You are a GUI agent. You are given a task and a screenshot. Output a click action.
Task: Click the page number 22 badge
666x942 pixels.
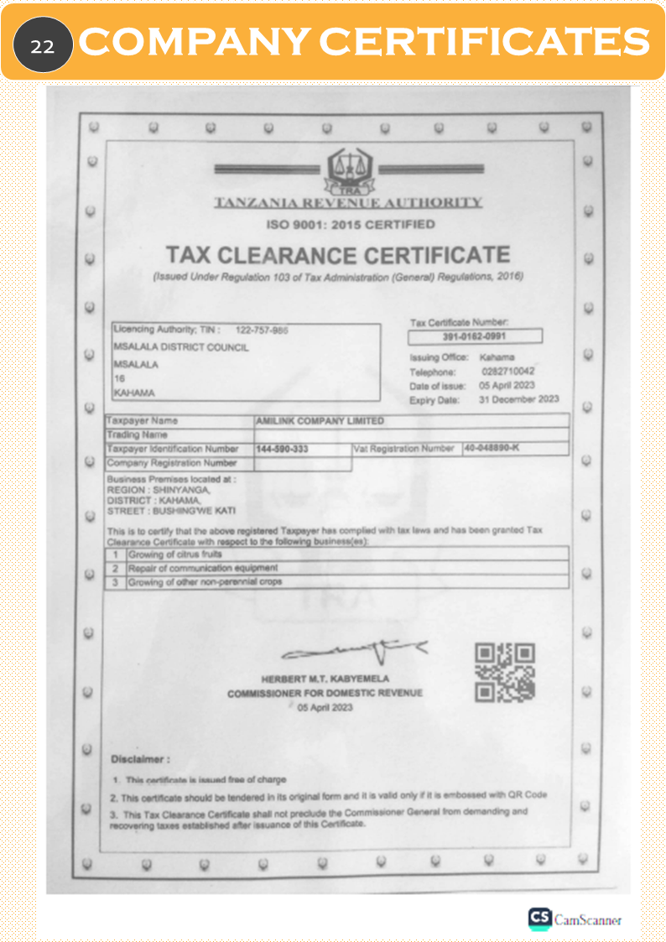click(x=43, y=44)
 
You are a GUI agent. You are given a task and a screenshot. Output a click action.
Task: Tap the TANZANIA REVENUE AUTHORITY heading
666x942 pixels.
click(x=347, y=202)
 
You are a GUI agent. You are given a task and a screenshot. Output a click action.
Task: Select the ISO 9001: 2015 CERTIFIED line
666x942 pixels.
click(x=351, y=225)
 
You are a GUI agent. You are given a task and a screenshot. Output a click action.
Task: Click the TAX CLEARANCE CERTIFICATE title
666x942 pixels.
click(x=337, y=254)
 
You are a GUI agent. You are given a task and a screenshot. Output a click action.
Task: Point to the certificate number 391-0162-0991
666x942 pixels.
click(x=474, y=336)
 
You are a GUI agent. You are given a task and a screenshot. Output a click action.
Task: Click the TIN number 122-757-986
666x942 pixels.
click(x=262, y=330)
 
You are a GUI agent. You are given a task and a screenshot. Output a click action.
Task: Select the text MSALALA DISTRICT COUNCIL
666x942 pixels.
click(x=180, y=347)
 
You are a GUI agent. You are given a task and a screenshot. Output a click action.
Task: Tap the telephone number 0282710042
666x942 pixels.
click(x=508, y=371)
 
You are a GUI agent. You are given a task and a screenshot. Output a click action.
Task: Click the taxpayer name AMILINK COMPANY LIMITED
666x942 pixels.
click(x=320, y=420)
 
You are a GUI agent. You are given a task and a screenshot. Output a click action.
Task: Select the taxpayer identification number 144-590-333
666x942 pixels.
click(x=283, y=450)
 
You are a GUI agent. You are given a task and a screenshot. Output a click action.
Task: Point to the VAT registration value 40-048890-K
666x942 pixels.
click(x=492, y=448)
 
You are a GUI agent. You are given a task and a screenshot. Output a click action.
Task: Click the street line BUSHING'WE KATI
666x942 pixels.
click(x=171, y=511)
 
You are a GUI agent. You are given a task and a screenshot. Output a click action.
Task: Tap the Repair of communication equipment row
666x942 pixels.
click(x=201, y=568)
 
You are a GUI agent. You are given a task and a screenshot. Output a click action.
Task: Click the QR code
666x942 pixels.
click(x=505, y=673)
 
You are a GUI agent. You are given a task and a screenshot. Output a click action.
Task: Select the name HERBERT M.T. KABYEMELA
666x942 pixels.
click(x=325, y=679)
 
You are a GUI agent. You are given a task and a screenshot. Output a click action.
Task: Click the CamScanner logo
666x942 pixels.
click(x=575, y=919)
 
